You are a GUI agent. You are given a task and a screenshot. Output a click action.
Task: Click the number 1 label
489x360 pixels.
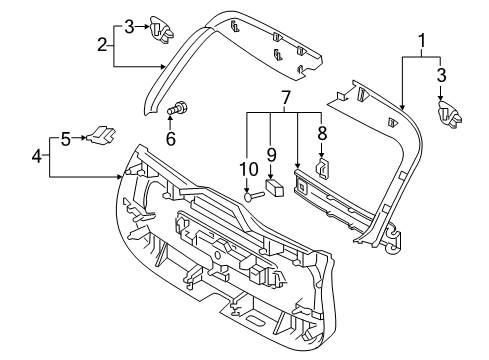coord(421,42)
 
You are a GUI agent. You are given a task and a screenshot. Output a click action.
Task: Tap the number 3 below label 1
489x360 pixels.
coord(441,74)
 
